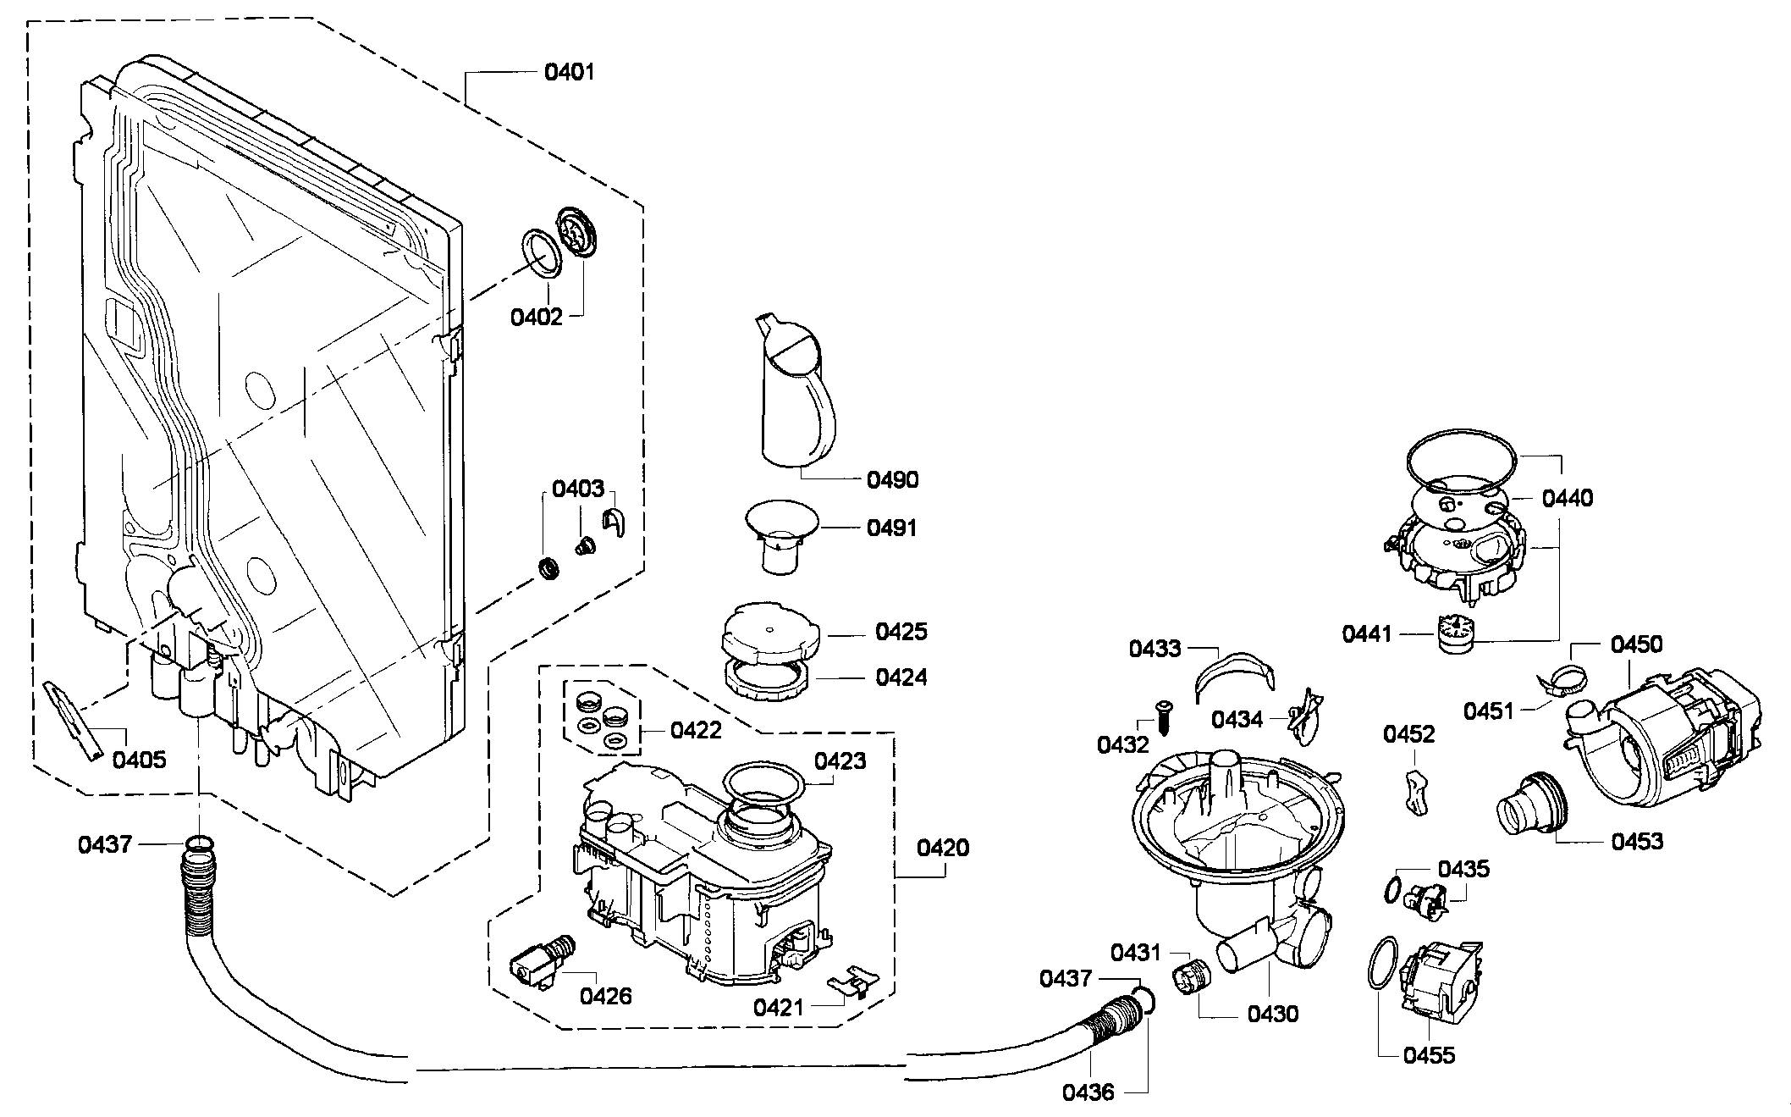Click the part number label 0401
point(569,72)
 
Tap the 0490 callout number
point(893,480)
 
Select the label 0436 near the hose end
point(1088,1092)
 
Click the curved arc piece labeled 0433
point(1232,674)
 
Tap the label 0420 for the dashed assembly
point(943,848)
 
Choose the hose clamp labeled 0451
point(1560,678)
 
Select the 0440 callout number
point(1568,498)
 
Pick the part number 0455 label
point(1429,1055)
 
